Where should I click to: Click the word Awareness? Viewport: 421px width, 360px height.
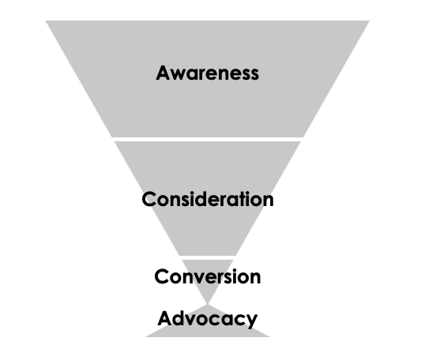pos(207,73)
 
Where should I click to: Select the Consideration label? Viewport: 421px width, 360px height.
pos(208,199)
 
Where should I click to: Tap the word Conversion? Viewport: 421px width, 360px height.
pos(208,276)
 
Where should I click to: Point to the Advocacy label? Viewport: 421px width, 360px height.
pos(208,319)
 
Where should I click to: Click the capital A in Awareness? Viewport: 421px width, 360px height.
pos(164,73)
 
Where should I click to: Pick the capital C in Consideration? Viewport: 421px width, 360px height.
pos(149,199)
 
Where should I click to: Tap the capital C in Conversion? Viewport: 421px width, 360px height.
pos(162,276)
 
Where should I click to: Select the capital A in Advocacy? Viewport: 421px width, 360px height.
pos(166,318)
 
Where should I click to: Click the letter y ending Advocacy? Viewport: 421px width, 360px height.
pos(250,321)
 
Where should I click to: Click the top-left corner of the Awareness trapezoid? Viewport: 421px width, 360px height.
pos(46,21)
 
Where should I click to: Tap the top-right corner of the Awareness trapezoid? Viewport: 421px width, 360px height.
pos(370,21)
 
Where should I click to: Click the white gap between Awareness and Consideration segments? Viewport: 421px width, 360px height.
pos(208,139)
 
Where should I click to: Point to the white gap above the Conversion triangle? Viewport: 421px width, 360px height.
pos(208,257)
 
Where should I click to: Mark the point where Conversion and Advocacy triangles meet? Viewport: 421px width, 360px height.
pos(208,305)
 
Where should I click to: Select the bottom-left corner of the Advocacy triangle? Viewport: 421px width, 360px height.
pos(146,336)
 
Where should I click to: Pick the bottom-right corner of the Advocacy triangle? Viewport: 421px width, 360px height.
pos(269,336)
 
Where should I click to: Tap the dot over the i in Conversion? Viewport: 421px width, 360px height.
pos(236,270)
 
